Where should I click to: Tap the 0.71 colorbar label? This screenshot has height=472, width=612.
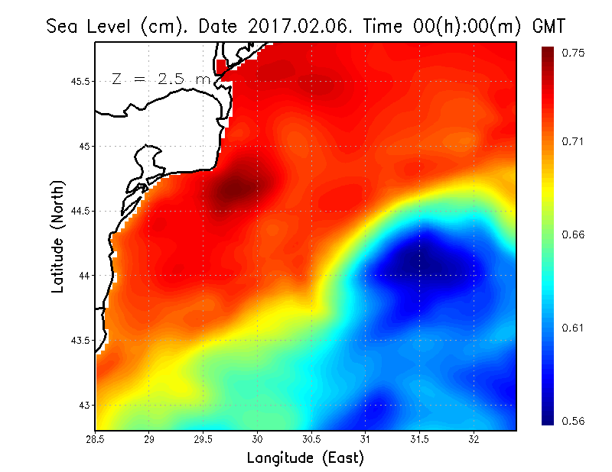(x=575, y=141)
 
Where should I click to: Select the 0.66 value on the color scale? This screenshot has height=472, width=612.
(x=575, y=234)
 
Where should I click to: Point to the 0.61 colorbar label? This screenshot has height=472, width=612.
(x=575, y=328)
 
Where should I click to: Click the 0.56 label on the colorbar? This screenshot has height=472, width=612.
(x=575, y=421)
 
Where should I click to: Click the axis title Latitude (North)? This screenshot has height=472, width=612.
(x=57, y=237)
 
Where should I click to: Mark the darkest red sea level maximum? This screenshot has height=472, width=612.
(x=235, y=186)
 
